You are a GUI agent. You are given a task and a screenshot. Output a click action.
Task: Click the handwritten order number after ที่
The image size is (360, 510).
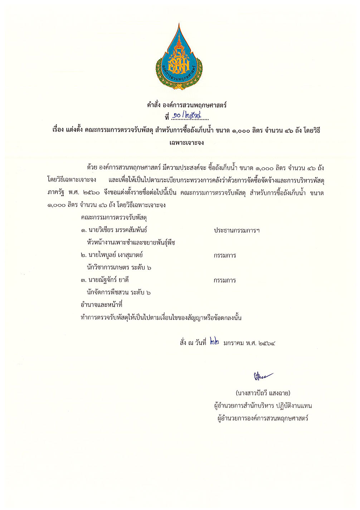[186, 116]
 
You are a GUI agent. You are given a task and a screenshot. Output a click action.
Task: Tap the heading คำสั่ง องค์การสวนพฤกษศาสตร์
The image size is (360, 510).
[186, 105]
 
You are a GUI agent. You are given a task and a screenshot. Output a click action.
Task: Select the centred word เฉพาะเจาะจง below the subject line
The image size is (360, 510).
[186, 142]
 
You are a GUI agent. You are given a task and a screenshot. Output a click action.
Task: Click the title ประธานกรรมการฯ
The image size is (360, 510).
[237, 230]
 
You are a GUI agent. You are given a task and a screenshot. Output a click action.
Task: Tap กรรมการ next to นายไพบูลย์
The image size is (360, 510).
[225, 255]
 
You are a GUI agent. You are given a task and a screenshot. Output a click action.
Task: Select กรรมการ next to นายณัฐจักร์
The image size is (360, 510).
[225, 280]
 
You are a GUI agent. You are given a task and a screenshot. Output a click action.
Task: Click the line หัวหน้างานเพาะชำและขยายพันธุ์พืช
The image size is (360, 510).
[131, 242]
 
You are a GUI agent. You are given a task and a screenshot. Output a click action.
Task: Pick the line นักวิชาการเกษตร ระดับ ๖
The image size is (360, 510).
[119, 267]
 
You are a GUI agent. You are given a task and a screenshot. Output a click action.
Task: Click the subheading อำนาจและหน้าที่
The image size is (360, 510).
[102, 305]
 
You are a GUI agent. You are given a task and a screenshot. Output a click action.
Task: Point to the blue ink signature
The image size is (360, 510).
[263, 376]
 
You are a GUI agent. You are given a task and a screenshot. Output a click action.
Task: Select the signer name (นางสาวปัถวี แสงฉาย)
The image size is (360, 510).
[263, 393]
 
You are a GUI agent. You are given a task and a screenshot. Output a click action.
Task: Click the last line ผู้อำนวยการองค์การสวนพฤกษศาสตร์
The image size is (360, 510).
[263, 418]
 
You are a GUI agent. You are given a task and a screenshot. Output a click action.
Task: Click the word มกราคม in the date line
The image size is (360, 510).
[233, 343]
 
